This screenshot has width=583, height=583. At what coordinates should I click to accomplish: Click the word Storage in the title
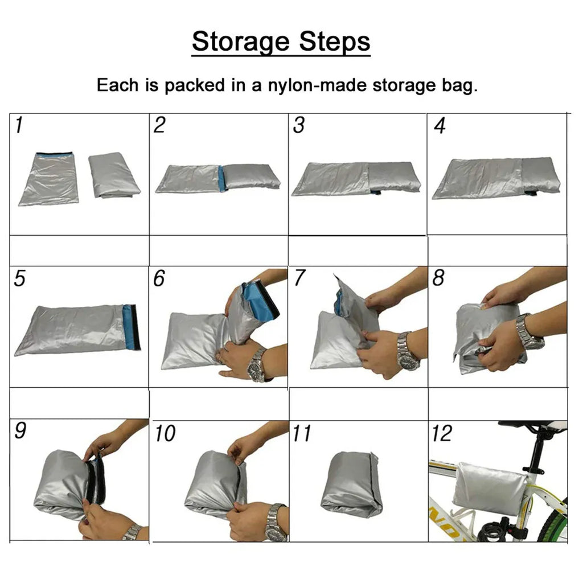[241, 42]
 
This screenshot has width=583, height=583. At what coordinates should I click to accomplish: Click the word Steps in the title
[335, 42]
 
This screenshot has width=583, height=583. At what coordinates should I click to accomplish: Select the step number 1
[19, 125]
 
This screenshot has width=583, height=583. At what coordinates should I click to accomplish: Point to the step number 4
[440, 126]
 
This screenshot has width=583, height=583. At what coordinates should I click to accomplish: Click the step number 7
[299, 278]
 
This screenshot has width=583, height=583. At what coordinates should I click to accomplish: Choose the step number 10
[165, 433]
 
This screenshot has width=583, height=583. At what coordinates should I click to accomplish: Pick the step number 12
[442, 433]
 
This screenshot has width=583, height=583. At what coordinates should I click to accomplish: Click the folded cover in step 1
[114, 174]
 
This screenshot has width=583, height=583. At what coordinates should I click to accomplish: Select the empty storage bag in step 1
[49, 178]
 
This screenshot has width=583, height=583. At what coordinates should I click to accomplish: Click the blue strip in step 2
[223, 178]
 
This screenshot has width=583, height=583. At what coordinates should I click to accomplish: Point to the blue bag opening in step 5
[132, 327]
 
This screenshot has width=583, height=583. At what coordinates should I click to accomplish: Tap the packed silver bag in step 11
[351, 484]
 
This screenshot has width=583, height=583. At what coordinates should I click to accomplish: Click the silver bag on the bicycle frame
[490, 488]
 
